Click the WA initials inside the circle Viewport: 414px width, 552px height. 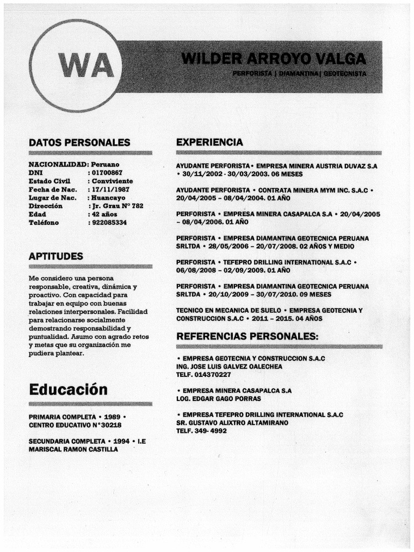point(87,66)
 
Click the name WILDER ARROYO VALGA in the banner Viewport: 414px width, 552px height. point(274,58)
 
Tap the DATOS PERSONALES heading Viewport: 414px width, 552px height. point(79,143)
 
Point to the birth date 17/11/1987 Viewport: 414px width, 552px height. point(111,189)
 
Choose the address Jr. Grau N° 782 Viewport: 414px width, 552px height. point(118,206)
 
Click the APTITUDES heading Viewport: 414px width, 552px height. point(56,256)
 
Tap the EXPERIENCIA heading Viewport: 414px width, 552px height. point(209,142)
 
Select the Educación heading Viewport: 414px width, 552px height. point(68,389)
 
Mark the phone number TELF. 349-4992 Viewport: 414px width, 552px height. point(201,431)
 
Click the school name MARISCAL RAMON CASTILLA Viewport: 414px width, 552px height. point(73,448)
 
